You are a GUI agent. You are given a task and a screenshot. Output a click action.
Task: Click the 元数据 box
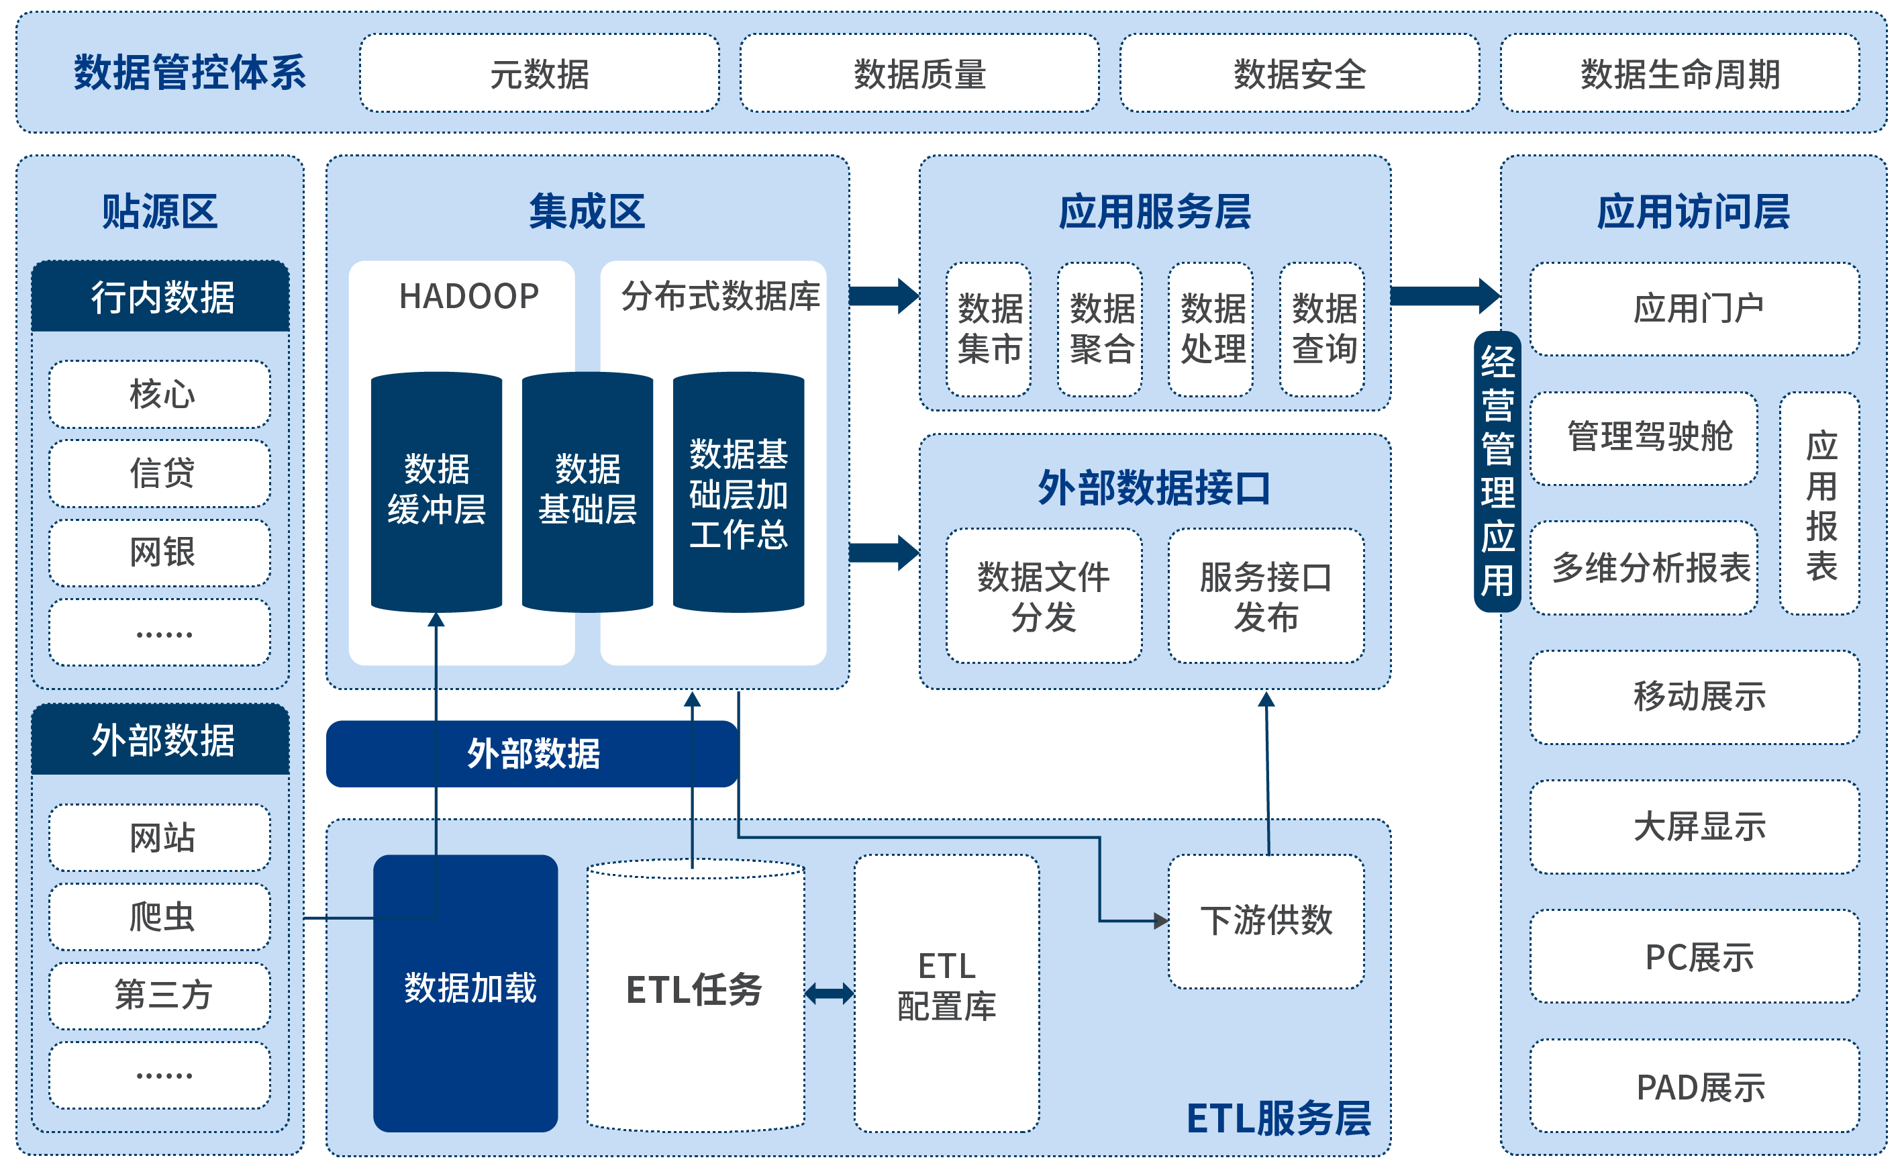[539, 74]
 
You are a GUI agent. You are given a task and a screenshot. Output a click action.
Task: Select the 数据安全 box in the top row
[1299, 74]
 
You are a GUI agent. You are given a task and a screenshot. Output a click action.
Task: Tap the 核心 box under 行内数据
[160, 394]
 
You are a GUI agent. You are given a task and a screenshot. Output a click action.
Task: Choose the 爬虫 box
[160, 917]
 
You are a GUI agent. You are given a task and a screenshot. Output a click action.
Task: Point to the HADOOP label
[469, 296]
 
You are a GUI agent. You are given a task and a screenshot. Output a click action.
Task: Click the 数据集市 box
[989, 330]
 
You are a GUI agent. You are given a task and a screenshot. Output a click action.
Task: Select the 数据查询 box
[1322, 330]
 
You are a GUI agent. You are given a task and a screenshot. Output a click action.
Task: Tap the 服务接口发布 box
[1266, 596]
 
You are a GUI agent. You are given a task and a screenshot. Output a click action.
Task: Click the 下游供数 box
[1266, 921]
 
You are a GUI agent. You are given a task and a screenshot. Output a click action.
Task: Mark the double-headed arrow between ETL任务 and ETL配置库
[830, 993]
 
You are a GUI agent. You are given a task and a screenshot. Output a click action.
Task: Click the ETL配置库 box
[946, 992]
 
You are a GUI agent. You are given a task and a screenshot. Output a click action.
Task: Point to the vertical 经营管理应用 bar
[1497, 471]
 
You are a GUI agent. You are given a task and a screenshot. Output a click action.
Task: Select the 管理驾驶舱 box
[1648, 438]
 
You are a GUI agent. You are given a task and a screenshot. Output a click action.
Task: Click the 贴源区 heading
[160, 211]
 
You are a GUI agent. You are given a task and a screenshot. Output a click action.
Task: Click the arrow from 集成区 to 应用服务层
[884, 295]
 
